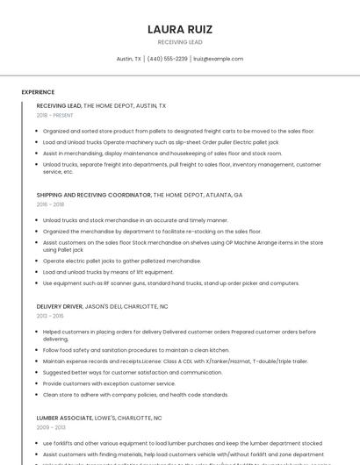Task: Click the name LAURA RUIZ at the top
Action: coord(179,29)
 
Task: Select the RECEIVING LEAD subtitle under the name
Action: coord(179,42)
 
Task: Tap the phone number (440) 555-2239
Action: coord(167,59)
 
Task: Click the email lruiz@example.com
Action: coord(218,59)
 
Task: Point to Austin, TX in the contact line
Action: coord(128,59)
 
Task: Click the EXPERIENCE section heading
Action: coord(38,91)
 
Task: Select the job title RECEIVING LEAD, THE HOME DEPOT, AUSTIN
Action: coord(101,105)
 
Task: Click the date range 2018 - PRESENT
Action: coord(54,115)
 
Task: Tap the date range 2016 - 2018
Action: coord(50,204)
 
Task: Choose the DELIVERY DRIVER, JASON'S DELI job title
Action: coord(102,306)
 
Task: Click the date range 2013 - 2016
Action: coord(50,316)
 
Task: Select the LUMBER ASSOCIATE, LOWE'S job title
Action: coord(99,418)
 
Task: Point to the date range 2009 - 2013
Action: coord(50,427)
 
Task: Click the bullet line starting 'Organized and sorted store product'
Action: coord(178,131)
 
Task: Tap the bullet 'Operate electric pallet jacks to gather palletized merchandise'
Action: coord(122,261)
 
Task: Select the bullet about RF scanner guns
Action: coord(171,283)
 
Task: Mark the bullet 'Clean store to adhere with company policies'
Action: coord(135,395)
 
